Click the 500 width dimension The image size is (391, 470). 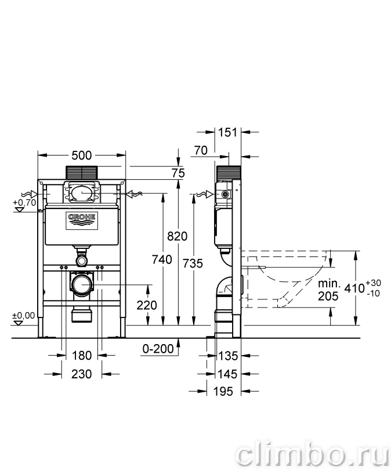tap(82, 156)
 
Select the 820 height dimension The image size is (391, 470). tap(177, 236)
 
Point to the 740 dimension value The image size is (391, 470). tap(162, 259)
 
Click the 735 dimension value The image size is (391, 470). tap(193, 263)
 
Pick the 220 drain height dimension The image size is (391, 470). tap(147, 305)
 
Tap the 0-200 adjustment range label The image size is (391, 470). tap(158, 349)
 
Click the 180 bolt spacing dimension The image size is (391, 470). tap(81, 356)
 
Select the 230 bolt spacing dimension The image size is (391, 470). tap(81, 374)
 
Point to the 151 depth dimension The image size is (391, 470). tap(228, 132)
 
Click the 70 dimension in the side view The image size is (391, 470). tap(201, 150)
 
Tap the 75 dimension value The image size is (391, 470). tap(178, 173)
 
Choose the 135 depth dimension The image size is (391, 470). tap(228, 356)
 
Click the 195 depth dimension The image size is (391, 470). tap(223, 391)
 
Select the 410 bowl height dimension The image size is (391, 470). tap(363, 288)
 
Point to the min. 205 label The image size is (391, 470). tap(329, 290)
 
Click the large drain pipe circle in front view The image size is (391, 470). tap(82, 284)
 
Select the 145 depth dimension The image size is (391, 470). tap(228, 374)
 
